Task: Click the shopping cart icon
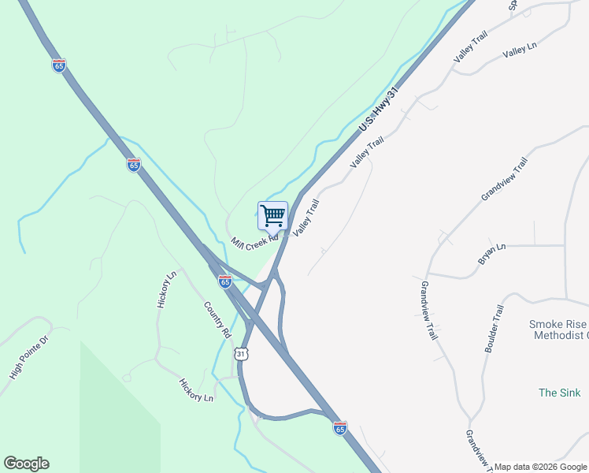[272, 214]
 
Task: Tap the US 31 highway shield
[241, 354]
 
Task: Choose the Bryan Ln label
[491, 255]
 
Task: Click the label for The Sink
[559, 393]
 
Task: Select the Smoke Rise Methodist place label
[558, 330]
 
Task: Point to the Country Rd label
[217, 319]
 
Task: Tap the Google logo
[26, 464]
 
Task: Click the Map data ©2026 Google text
[540, 467]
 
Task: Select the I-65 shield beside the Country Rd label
[225, 281]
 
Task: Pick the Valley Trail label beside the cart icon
[306, 218]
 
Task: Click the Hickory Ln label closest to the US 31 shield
[196, 390]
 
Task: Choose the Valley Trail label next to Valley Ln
[471, 47]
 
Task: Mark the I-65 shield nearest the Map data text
[339, 427]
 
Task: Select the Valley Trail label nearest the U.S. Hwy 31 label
[367, 151]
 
